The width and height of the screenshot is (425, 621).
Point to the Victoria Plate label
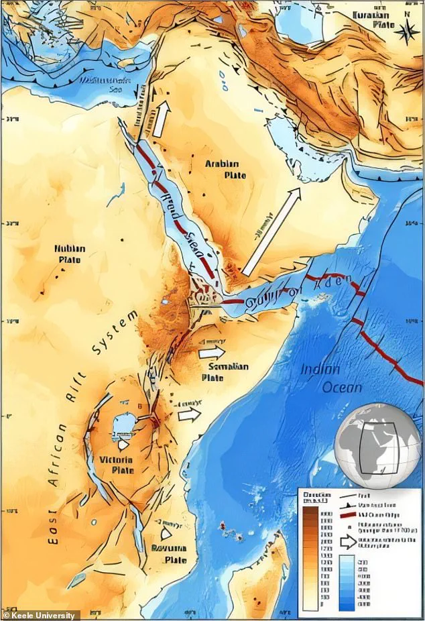point(116,464)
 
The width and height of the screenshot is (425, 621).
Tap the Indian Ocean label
point(329,378)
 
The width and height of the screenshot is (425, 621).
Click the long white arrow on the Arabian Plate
point(271,232)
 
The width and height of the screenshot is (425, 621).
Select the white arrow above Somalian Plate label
point(213,351)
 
